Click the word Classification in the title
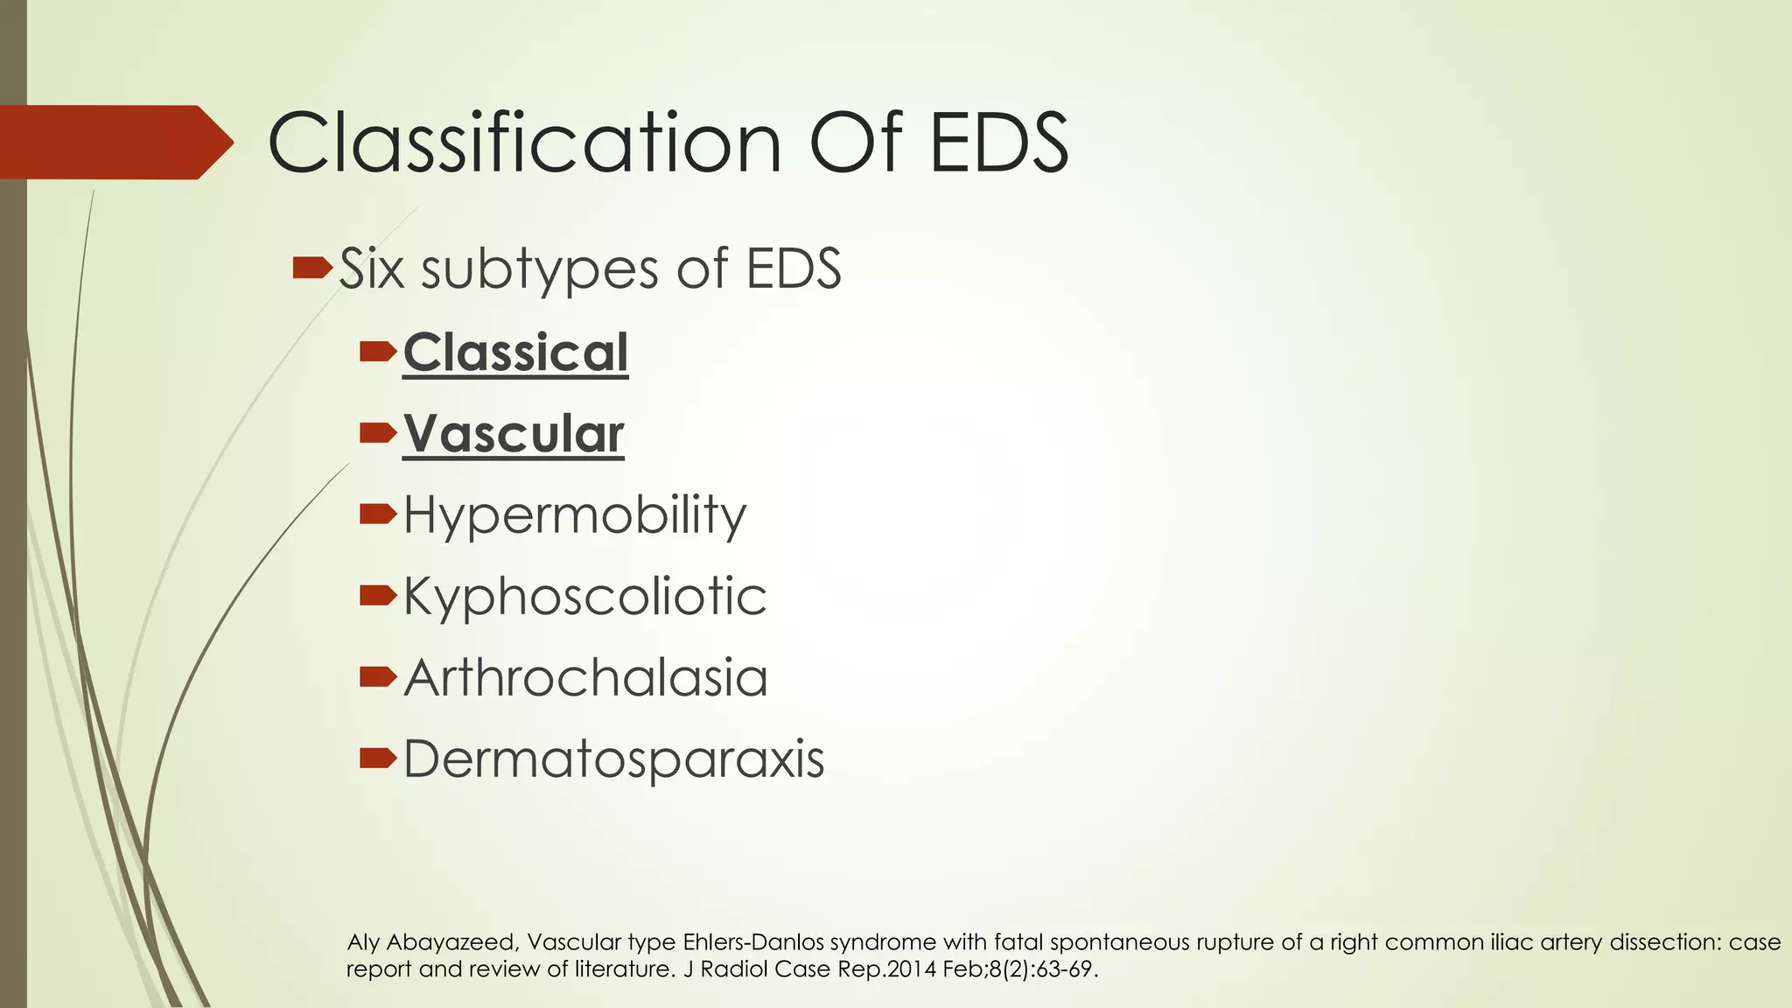tap(524, 143)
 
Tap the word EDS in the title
tap(998, 143)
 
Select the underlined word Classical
tap(515, 353)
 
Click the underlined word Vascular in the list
tap(514, 434)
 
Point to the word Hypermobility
tap(575, 515)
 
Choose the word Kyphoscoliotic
tap(584, 597)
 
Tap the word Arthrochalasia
tap(585, 678)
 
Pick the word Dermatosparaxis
tap(613, 759)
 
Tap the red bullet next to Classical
tap(378, 352)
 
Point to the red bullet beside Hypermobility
tap(378, 514)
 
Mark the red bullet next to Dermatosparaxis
tap(378, 758)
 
